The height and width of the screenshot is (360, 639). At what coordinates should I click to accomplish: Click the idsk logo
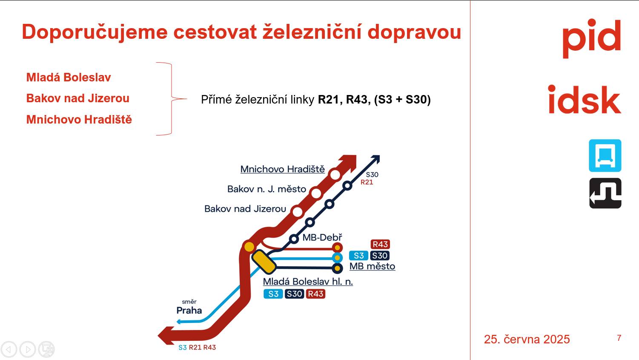point(585,99)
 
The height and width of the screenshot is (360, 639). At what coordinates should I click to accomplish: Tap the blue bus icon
point(605,156)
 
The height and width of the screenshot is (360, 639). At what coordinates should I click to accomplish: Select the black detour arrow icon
point(605,193)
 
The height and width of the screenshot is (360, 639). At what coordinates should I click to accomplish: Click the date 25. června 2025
point(527,340)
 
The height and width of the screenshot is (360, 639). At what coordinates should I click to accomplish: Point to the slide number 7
point(619,338)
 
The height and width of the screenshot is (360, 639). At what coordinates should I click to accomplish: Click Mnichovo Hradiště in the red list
point(79,120)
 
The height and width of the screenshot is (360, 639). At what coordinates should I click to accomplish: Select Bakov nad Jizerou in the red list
point(78,98)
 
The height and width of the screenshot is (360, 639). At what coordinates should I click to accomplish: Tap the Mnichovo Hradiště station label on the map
point(282,169)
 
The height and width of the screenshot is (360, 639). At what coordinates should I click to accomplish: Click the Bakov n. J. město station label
point(267,189)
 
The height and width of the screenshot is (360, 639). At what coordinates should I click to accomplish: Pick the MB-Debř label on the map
point(322,237)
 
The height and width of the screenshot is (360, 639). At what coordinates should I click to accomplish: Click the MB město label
point(372,266)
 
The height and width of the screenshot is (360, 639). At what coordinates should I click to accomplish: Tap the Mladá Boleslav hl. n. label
point(308,282)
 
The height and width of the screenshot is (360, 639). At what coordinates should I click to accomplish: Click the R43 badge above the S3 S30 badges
point(380,245)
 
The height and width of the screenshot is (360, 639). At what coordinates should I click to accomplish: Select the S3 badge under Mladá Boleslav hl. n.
point(273,294)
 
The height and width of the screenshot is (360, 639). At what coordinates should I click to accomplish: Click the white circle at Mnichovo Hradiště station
point(335,175)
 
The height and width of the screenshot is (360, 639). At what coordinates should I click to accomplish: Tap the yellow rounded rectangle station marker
point(264,262)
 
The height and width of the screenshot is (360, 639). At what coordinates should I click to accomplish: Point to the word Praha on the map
point(189,310)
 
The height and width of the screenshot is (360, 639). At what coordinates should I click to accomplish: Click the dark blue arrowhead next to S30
point(375,159)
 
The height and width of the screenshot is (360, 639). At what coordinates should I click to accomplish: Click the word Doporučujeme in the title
point(95,32)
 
